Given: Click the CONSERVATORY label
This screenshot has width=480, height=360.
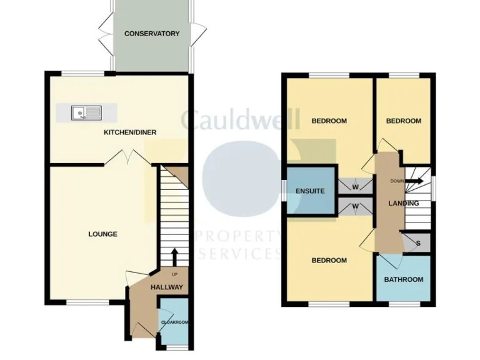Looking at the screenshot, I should pos(152,34).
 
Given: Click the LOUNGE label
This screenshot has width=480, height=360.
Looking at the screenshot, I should pos(103,234).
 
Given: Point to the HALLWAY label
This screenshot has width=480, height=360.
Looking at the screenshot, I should pos(167,287).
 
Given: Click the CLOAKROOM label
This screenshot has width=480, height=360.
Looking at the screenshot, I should pos(174,322).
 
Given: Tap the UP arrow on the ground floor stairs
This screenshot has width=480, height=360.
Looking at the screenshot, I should pos(174,256).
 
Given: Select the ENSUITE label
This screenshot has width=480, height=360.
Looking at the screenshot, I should pos(311,191).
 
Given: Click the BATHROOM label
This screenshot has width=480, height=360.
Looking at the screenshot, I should pos(404,279).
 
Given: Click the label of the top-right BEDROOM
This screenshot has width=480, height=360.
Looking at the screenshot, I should pos(403,121).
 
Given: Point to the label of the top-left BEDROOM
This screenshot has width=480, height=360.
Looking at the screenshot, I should pos(329,121).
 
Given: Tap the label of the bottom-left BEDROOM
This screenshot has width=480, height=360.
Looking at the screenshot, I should pos(329,261).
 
